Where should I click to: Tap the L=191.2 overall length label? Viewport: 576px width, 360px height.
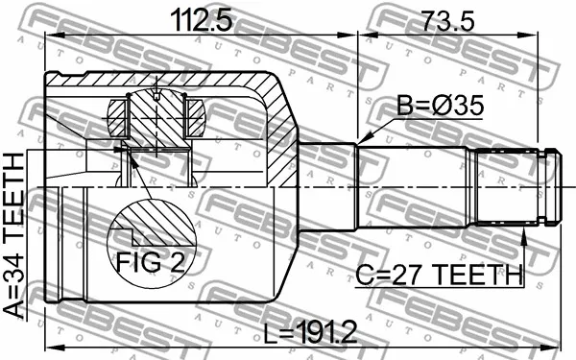[x=311, y=332]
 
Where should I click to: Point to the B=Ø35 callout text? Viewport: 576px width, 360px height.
[x=440, y=106]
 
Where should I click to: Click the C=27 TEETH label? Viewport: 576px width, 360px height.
[x=439, y=275]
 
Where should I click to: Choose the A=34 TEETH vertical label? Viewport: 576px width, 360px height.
[x=14, y=235]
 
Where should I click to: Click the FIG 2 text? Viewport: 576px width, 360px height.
[x=151, y=262]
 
